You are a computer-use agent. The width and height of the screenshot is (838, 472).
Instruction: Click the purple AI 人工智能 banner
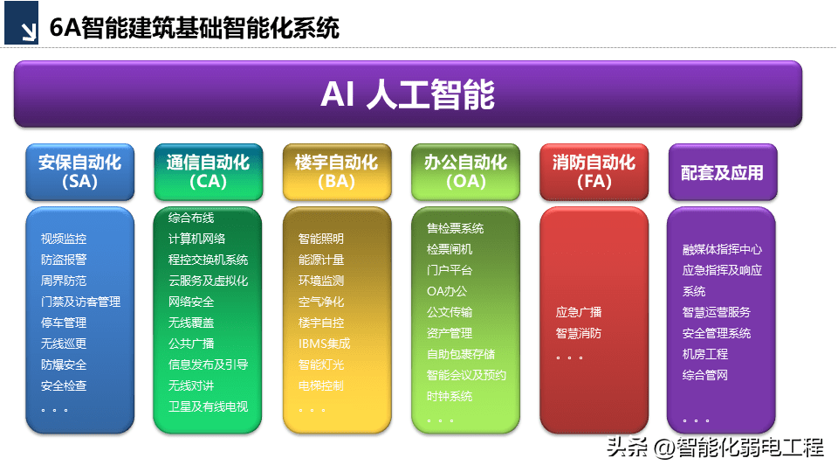pos(408,94)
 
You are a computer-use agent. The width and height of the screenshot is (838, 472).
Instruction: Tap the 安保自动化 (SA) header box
pos(79,171)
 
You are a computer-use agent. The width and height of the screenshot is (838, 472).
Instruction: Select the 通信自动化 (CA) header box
pos(208,171)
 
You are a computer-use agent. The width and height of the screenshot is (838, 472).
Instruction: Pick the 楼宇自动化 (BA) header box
pos(336,171)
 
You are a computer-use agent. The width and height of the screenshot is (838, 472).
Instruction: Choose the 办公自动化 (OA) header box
pos(465,171)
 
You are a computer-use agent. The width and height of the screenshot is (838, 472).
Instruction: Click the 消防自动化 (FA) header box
pos(594,171)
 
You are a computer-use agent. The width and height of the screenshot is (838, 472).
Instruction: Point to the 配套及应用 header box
pos(722,172)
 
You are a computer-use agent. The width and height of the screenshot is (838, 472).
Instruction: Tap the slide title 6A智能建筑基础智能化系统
pos(194,28)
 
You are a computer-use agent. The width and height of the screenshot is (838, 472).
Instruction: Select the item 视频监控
pos(64,239)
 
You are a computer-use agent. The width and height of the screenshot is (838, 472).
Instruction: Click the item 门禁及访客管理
pos(80,302)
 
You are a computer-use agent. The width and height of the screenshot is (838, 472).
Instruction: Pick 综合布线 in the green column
pos(191,218)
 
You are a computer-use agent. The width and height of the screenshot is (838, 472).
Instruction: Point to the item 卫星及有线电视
pos(208,406)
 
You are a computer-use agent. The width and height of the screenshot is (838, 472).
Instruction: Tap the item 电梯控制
pos(320,385)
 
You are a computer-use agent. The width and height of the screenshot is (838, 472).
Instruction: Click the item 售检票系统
pos(455,228)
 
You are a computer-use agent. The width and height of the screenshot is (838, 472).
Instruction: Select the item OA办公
pos(447,291)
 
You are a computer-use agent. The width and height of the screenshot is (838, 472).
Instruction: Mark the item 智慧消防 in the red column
pos(578,333)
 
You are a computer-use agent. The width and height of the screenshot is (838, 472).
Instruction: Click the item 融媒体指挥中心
pos(722,249)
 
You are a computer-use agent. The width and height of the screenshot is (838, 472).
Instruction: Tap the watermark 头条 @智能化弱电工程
pos(714,448)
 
